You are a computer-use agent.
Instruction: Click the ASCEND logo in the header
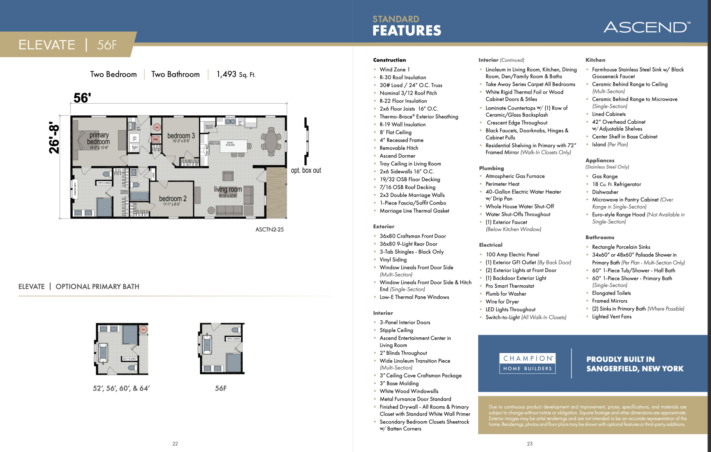pos(647,27)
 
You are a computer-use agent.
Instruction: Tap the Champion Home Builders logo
pos(527,363)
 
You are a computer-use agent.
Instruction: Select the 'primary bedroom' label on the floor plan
pos(99,138)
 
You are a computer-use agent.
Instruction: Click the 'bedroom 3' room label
pos(181,136)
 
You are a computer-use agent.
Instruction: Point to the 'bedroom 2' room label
pos(173,199)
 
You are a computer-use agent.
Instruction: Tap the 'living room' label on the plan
pos(228,189)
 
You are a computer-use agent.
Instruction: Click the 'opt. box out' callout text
pos(306,170)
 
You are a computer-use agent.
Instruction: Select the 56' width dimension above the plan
pos(82,98)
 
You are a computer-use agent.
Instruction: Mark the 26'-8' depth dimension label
pos(55,138)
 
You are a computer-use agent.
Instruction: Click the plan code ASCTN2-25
pos(269,229)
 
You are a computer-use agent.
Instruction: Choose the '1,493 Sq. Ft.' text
pos(236,74)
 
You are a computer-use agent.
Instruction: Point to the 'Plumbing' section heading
pos(491,168)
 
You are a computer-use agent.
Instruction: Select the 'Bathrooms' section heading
pos(600,237)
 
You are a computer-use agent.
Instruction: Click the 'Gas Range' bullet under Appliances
pos(604,176)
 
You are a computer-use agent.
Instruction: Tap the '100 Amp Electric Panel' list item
pos(512,254)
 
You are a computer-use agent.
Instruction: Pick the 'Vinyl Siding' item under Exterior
pos(393,260)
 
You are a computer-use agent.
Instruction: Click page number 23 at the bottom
pos(529,444)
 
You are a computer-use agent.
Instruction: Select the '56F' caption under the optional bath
pos(221,388)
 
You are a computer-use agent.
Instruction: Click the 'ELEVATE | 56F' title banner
pos(68,45)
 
